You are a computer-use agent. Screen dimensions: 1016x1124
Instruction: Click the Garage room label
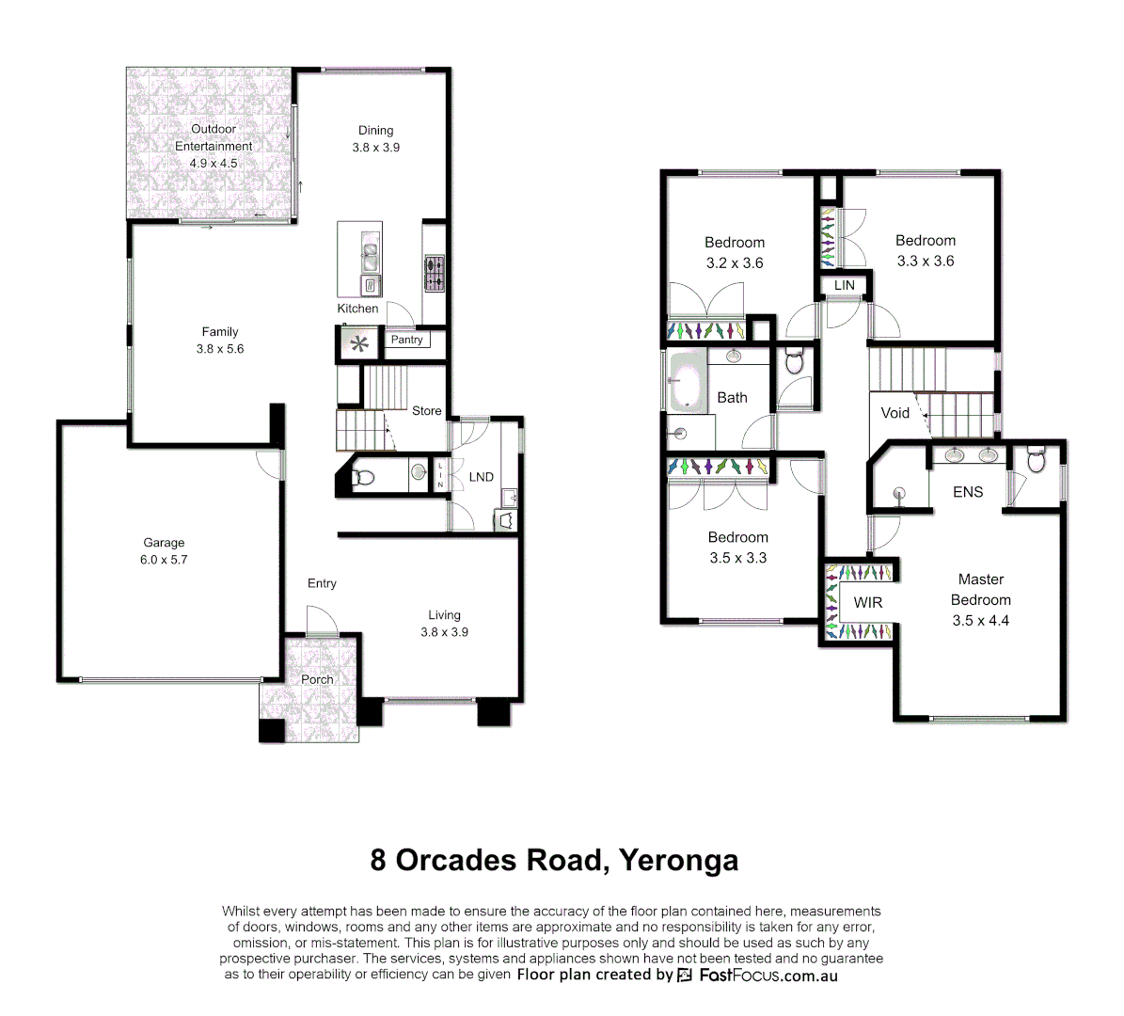coord(164,543)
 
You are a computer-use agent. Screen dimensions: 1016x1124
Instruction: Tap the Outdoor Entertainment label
coord(214,137)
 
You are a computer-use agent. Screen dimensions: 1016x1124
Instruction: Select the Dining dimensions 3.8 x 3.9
coord(376,148)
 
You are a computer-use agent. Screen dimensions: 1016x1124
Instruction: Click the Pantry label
coord(406,340)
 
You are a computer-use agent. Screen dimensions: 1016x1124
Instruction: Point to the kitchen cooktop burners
coord(434,274)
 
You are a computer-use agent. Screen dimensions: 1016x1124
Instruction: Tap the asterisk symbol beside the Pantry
coord(359,343)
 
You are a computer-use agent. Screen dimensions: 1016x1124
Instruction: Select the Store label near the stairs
coord(426,411)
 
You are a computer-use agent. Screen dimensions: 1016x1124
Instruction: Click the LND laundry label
coord(481,477)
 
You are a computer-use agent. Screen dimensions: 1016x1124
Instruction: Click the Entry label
coord(322,583)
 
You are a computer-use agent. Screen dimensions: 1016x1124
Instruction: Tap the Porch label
coord(317,679)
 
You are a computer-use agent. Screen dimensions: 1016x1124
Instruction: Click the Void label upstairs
coord(894,413)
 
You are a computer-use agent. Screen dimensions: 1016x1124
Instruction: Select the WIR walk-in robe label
coord(867,602)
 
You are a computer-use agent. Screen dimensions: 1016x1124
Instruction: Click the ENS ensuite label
coord(967,492)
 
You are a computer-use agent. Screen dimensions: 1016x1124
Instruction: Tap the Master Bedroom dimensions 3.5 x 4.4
coord(980,621)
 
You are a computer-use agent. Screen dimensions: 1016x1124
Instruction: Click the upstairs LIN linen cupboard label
coord(844,285)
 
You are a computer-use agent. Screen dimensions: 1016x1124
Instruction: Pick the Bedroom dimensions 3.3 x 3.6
coord(925,262)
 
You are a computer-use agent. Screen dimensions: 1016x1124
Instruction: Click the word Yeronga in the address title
coord(678,860)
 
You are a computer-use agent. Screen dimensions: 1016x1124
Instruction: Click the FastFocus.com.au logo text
coord(768,976)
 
